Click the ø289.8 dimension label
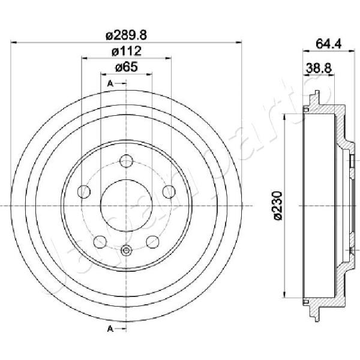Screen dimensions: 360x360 126,35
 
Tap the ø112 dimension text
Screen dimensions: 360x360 126,51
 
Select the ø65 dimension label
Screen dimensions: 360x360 127,67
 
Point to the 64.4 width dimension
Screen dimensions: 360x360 329,44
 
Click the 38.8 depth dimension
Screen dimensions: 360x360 319,68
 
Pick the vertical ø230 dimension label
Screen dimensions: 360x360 278,205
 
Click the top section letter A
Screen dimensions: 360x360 110,84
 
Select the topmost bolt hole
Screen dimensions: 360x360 126,161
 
